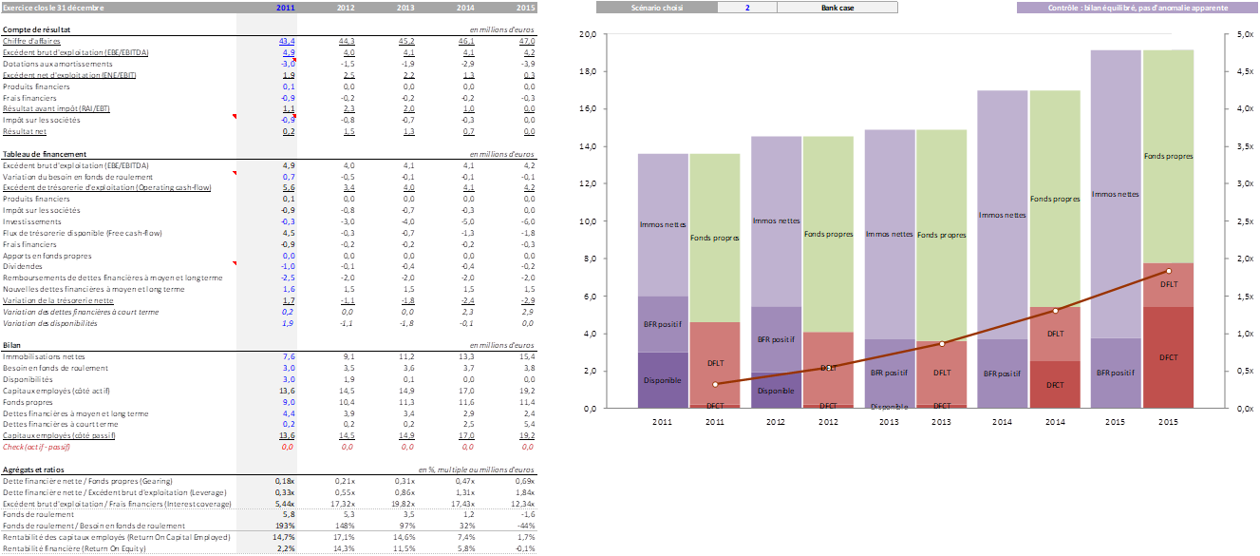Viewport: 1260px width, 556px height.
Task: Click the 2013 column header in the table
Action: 405,8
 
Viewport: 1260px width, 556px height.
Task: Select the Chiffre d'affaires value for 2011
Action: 287,42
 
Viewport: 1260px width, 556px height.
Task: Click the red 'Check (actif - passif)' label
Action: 37,446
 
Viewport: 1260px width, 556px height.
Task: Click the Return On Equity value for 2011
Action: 288,549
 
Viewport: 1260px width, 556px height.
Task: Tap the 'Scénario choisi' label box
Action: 656,8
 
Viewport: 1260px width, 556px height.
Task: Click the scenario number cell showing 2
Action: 747,8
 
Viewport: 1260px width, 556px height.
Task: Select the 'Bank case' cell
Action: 837,8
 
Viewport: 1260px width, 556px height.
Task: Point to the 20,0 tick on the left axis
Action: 588,34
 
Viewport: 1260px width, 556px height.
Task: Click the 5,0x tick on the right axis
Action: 1244,34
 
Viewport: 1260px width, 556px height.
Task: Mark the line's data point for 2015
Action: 1169,271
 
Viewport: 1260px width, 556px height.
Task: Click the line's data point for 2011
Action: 715,384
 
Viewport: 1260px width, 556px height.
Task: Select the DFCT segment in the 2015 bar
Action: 1169,356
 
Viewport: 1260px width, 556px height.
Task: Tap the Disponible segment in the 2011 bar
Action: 663,380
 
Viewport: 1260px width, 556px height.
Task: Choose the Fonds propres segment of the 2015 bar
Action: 1169,156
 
